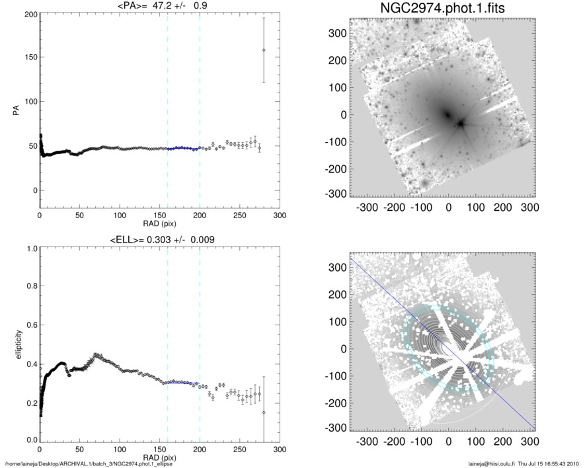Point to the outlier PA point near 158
tap(264, 50)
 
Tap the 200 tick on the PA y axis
tap(29, 14)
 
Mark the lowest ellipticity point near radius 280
tap(264, 412)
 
